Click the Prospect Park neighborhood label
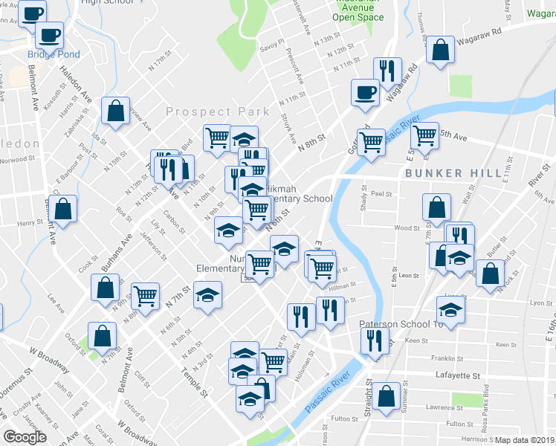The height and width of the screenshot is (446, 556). [x=217, y=111]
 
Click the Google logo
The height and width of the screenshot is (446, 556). [x=25, y=437]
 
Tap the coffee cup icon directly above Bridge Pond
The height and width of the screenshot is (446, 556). [x=50, y=34]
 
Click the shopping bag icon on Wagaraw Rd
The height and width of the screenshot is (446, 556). [x=441, y=51]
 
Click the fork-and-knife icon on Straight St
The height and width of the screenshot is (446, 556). [x=373, y=340]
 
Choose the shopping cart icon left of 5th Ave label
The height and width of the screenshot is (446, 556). [x=424, y=135]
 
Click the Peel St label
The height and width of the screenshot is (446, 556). [x=381, y=193]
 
